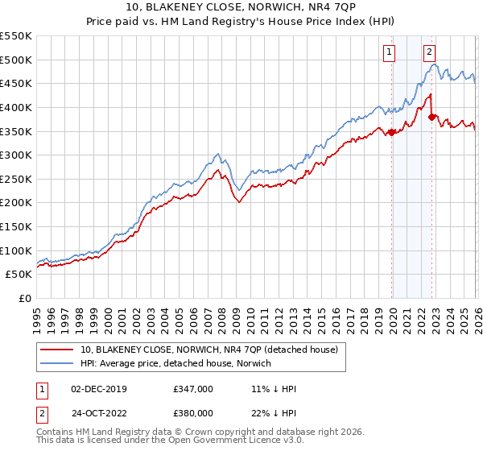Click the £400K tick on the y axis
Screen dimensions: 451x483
click(x=16, y=107)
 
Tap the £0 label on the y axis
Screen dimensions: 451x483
click(x=24, y=298)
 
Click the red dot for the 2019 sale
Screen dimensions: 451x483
click(x=392, y=132)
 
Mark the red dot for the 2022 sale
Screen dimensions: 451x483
click(x=432, y=117)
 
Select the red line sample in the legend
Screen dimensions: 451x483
click(x=58, y=350)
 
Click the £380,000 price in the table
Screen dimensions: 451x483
click(x=193, y=412)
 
